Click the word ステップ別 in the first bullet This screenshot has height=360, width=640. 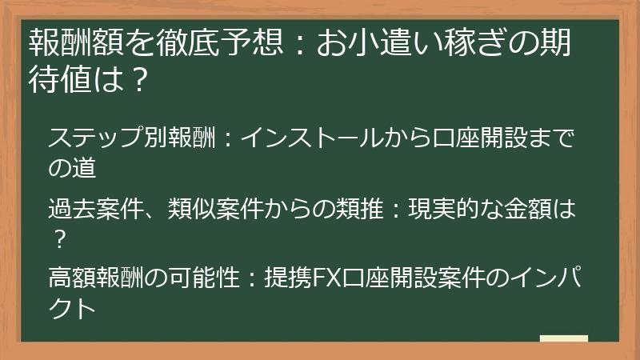(101, 137)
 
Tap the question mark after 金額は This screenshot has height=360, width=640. (58, 238)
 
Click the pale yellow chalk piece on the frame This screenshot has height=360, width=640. (563, 338)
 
